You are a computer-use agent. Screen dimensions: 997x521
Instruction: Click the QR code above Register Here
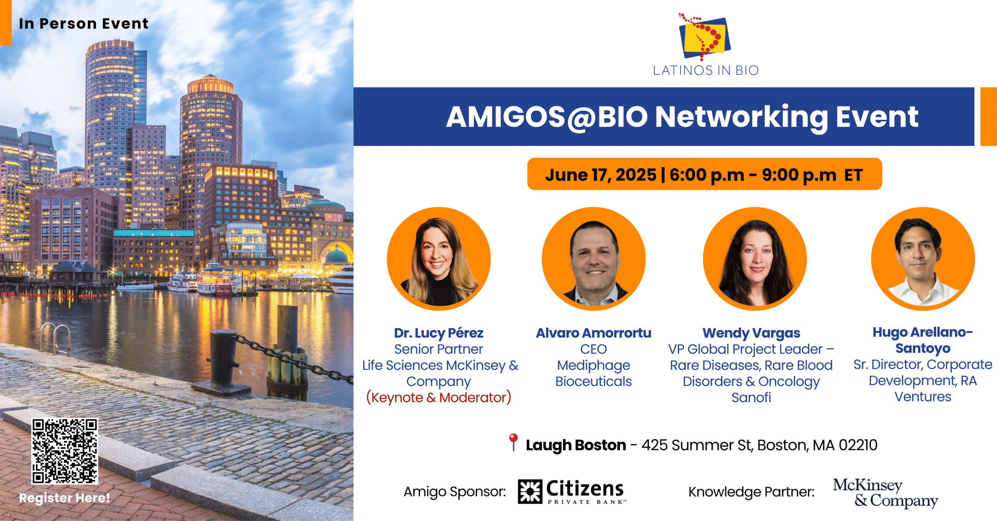point(65,451)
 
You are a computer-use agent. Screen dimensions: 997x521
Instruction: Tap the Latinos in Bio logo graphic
point(705,36)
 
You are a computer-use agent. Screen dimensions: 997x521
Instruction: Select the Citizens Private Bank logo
point(572,492)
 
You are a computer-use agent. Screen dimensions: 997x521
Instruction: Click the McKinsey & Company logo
point(885,493)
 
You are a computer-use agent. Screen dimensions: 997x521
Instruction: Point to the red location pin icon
point(513,442)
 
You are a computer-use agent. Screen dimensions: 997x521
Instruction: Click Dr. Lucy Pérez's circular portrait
point(439,259)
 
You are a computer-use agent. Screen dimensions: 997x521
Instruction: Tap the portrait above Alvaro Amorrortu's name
point(594,259)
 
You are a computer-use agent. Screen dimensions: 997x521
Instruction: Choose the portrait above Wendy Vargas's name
point(755,259)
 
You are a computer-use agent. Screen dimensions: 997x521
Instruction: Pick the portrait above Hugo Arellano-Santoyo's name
point(923,259)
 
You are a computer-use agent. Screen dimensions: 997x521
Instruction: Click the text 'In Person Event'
point(84,24)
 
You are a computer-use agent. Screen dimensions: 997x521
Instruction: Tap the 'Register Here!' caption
point(65,498)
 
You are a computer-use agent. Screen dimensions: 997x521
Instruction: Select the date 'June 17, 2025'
point(601,175)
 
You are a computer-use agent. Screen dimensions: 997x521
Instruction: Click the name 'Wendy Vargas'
point(751,333)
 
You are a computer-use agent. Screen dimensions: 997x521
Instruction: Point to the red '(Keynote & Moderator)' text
point(439,398)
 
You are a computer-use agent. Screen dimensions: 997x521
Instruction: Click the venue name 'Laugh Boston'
point(576,445)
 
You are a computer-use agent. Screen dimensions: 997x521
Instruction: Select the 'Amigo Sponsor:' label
point(454,492)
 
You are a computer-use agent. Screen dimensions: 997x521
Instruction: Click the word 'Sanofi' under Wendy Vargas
point(751,398)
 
